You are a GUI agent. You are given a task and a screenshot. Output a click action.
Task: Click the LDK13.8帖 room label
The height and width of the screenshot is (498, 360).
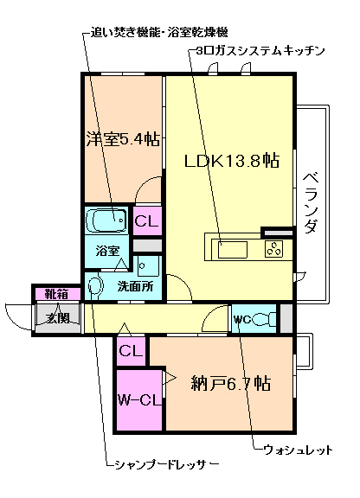coord(230,160)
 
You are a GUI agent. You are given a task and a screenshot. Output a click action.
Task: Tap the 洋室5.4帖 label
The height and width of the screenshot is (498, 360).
coord(122,137)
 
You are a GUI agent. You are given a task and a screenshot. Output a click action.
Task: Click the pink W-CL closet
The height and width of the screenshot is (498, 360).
coord(138,399)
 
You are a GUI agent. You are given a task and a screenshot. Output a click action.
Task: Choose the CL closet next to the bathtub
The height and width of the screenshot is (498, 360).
coord(145,220)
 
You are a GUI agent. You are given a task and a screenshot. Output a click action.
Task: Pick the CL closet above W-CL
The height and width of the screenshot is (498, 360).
coord(130,351)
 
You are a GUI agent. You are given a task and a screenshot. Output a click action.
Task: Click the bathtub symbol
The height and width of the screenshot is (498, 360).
coord(107,220)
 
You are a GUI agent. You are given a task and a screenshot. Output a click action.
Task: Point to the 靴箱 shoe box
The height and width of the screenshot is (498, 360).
coord(55,294)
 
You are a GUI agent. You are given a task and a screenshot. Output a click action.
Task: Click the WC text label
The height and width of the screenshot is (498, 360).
coord(241,319)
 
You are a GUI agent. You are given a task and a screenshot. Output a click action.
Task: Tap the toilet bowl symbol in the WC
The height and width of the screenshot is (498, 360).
coord(264,319)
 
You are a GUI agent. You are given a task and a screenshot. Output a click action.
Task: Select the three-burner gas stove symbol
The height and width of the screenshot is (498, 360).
coord(274,250)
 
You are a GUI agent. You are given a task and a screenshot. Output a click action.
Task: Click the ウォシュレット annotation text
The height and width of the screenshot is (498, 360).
coord(298,450)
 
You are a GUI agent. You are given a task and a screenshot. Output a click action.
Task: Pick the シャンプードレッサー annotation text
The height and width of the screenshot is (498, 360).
coord(166,464)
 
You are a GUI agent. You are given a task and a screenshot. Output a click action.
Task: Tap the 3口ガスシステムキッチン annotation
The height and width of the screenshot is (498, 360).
coord(260,51)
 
